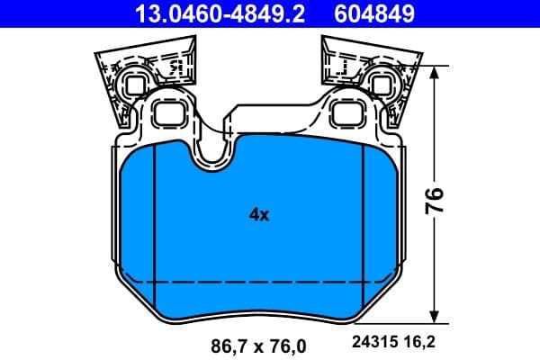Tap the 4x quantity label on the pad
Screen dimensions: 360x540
259,214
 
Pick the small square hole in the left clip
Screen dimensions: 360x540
134,85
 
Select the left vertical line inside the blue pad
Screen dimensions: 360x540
156,225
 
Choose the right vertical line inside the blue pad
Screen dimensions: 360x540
362,225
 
